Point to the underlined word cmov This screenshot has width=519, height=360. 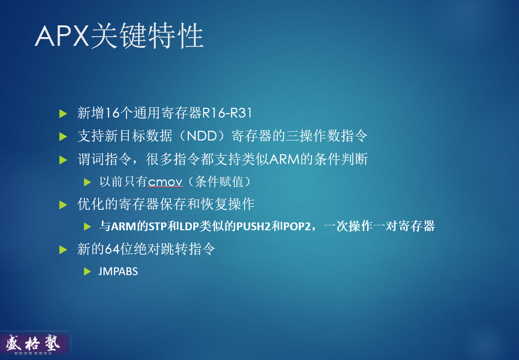pos(166,182)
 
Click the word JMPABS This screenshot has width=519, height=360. pos(118,272)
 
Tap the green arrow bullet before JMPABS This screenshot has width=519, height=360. pos(87,271)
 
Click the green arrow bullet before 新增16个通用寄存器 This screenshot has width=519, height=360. pos(63,114)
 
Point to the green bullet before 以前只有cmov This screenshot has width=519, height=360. pos(87,182)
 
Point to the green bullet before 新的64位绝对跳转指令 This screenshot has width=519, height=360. pos(63,249)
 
